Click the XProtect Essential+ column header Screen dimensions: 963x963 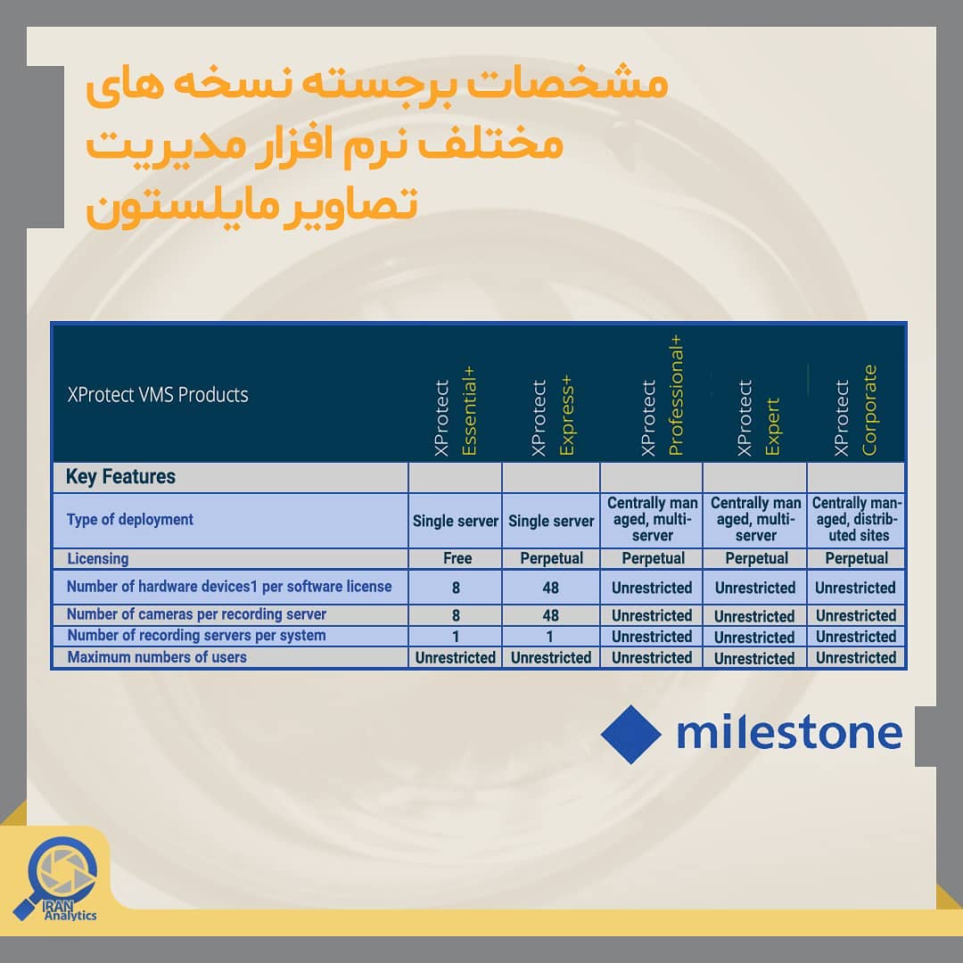tap(455, 411)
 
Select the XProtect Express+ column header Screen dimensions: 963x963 tap(552, 416)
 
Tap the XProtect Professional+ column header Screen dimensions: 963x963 tap(662, 396)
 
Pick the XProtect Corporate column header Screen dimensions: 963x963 tap(855, 410)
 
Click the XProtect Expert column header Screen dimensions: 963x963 tap(758, 417)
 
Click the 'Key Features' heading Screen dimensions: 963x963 tap(120, 476)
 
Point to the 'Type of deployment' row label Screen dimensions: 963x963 tap(129, 520)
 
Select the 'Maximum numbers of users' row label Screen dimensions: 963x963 tap(157, 657)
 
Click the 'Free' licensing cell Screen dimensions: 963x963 tap(457, 558)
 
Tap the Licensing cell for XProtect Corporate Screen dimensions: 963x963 tap(856, 558)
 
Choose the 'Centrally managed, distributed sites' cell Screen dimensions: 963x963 tap(856, 520)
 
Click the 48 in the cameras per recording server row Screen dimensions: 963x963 tap(551, 615)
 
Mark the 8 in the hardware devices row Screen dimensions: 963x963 tap(456, 588)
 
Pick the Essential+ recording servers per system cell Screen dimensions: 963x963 tap(456, 637)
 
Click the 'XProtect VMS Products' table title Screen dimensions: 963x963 tap(158, 394)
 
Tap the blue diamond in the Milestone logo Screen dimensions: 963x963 tap(630, 735)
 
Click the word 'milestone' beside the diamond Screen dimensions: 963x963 tap(789, 733)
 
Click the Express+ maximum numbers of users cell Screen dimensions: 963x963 tap(551, 658)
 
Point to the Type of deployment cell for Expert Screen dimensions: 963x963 tap(756, 520)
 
